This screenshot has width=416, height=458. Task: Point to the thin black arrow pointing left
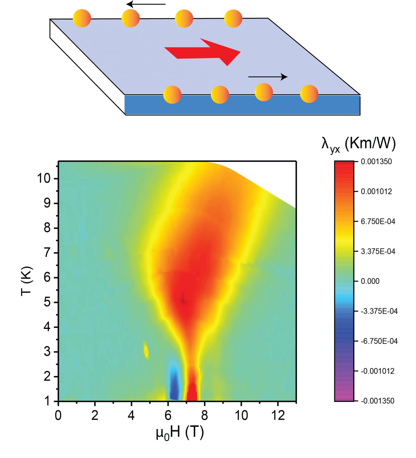click(146, 4)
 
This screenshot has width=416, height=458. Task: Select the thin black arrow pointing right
click(268, 77)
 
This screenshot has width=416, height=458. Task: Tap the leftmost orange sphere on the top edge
click(82, 18)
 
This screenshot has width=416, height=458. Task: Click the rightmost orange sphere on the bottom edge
click(309, 94)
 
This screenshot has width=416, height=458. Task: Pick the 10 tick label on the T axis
click(44, 178)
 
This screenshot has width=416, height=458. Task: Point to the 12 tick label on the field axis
click(278, 415)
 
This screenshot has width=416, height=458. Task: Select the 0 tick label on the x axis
click(58, 415)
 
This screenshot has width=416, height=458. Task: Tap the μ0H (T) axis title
click(180, 433)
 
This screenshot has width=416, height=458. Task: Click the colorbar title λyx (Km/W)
click(358, 144)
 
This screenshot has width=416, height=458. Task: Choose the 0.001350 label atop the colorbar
click(376, 161)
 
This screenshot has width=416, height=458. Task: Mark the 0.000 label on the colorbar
click(370, 281)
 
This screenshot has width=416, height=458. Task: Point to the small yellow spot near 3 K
click(146, 351)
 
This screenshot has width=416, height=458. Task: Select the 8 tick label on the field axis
click(204, 415)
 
